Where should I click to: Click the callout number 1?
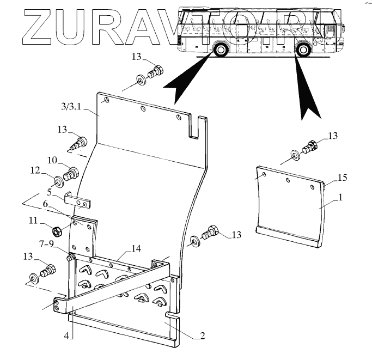tap(340, 199)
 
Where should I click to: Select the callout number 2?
tap(202, 336)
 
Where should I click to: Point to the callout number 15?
tap(342, 178)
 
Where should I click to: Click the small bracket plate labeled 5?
tap(80, 202)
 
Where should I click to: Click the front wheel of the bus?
tap(221, 51)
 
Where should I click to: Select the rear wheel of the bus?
tap(302, 51)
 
